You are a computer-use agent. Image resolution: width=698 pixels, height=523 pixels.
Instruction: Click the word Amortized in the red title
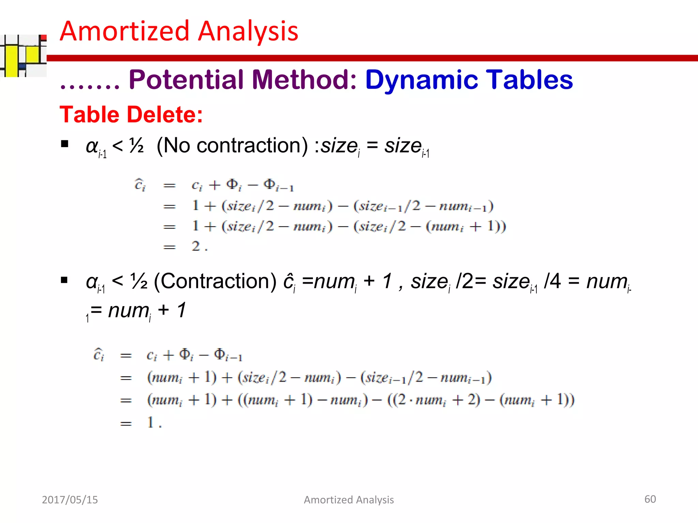click(x=124, y=31)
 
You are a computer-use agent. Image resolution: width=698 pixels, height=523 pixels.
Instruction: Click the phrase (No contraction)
click(x=232, y=146)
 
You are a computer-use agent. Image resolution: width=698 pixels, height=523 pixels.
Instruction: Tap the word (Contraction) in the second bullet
click(x=215, y=282)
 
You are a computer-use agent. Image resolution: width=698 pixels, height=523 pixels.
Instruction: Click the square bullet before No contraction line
click(x=64, y=144)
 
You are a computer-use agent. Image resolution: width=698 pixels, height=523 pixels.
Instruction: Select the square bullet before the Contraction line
click(x=64, y=280)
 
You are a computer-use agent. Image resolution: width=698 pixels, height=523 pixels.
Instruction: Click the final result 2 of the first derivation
click(x=196, y=246)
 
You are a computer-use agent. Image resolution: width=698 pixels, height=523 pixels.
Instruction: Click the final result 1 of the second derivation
click(x=151, y=422)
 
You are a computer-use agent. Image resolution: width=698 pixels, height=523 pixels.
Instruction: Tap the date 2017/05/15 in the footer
click(x=70, y=500)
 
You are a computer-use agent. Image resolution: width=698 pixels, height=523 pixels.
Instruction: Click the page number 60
click(x=650, y=499)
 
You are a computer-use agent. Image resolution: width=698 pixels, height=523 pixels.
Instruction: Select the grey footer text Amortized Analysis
click(x=349, y=500)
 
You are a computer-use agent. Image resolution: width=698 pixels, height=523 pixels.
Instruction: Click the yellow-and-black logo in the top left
click(x=23, y=56)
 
